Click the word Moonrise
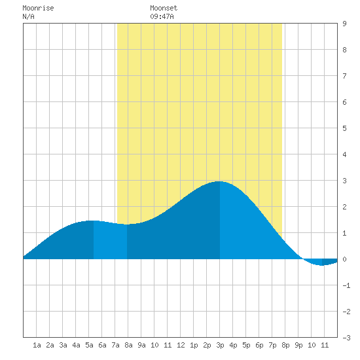(38, 8)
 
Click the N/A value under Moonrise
(28, 16)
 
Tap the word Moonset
(164, 8)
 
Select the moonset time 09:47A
(162, 16)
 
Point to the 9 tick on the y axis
(344, 24)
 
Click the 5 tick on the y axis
(344, 128)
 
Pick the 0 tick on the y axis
(344, 259)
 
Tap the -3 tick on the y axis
(346, 338)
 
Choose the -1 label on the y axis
(346, 285)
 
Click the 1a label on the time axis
(37, 345)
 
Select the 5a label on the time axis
(89, 345)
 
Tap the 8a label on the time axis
(128, 345)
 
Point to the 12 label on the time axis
(181, 345)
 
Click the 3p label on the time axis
(220, 345)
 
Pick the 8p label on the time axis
(285, 345)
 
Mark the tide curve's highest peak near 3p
(219, 181)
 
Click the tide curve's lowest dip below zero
(321, 265)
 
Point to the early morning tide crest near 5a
(91, 221)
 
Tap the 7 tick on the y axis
(344, 76)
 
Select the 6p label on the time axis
(259, 345)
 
